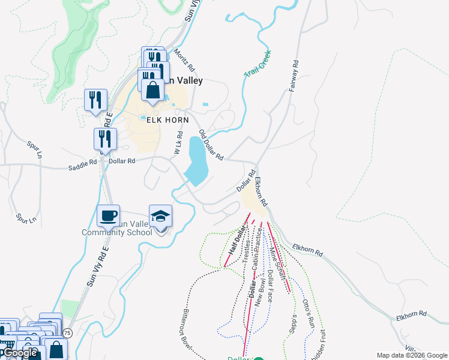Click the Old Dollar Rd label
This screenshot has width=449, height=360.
[211, 145]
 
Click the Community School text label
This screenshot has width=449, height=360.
[119, 232]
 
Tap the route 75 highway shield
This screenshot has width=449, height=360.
[67, 333]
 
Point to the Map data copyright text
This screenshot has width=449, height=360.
[412, 355]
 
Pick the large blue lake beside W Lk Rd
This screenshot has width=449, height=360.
[197, 160]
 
